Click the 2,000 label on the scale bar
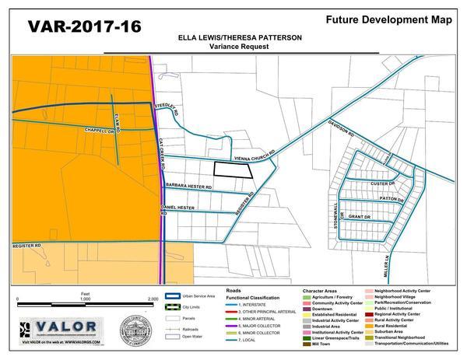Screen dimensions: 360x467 [x=153, y=299]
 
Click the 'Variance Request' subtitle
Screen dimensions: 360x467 [x=233, y=47]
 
